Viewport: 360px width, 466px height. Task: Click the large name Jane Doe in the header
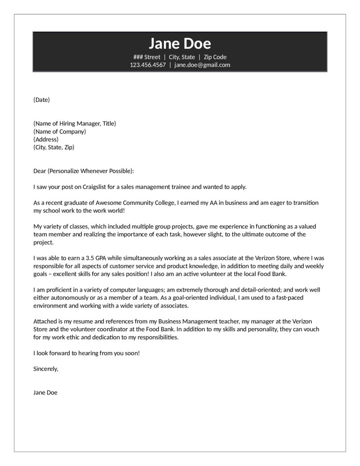coord(180,43)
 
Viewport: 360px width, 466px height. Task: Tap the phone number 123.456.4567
coord(148,65)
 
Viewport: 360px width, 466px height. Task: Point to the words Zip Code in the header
coord(215,57)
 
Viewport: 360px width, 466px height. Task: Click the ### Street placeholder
coord(147,57)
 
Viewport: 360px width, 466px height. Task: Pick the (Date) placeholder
coord(41,100)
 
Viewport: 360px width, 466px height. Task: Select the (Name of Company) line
coord(59,131)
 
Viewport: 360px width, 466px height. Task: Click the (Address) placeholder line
coord(46,139)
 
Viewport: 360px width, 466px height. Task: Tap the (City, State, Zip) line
coord(54,147)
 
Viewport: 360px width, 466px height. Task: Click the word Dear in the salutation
coord(40,171)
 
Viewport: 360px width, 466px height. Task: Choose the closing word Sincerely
coord(46,369)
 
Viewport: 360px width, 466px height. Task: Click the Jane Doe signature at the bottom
coord(45,393)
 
